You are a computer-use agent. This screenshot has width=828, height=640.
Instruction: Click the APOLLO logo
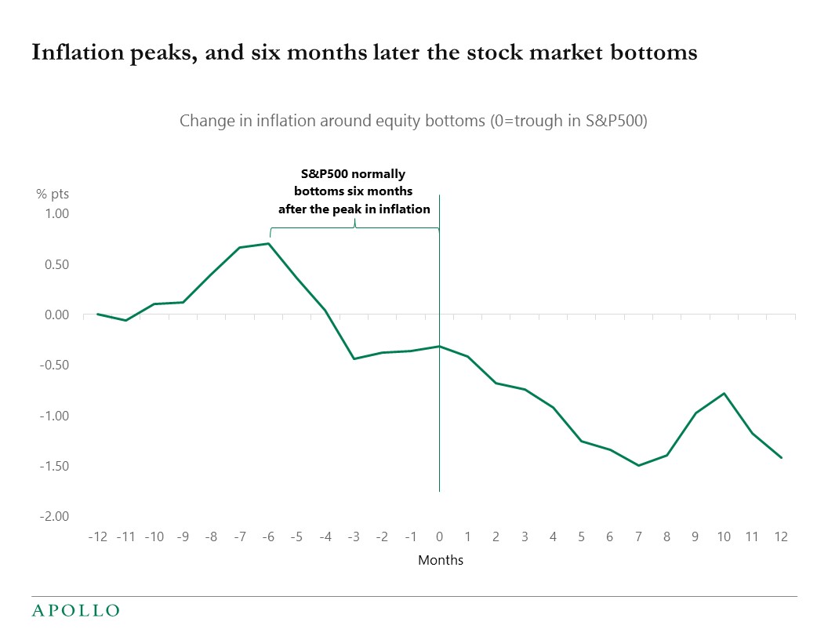click(75, 610)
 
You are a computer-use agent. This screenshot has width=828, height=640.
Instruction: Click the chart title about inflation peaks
click(364, 53)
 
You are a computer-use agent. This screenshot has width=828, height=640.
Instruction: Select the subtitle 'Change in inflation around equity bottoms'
click(413, 121)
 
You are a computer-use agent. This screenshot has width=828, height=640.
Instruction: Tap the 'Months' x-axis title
click(440, 560)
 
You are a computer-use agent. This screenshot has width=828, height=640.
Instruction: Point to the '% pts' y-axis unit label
click(53, 195)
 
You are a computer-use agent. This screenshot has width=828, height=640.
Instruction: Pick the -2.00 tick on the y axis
click(53, 516)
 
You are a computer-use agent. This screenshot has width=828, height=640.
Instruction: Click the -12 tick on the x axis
click(97, 537)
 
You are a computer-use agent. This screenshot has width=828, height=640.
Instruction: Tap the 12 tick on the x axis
click(781, 537)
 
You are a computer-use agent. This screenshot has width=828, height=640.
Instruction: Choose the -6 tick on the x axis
click(268, 537)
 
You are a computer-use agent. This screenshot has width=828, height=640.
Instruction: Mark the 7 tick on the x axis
click(639, 537)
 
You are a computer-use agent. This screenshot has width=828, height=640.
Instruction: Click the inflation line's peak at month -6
click(269, 243)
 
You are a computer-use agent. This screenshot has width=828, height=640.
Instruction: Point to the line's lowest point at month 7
click(639, 466)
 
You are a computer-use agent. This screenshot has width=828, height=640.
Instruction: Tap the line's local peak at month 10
click(724, 393)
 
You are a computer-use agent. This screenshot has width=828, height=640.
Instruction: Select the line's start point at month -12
click(97, 314)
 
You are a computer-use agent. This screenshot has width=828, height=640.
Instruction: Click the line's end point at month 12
click(781, 457)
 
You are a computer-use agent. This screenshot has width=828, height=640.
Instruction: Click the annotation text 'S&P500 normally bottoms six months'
click(354, 182)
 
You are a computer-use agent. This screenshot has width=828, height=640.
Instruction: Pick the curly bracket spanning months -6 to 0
click(354, 227)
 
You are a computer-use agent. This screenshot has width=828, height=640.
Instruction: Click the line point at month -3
click(354, 358)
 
